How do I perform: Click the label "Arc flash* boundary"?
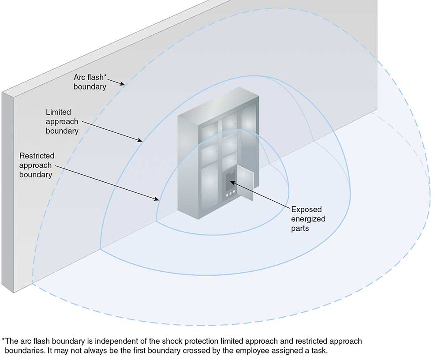pyautogui.click(x=90, y=82)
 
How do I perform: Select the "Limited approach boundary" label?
pyautogui.click(x=62, y=121)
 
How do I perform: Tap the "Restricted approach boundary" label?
pyautogui.click(x=37, y=165)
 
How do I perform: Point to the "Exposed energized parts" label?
pyautogui.click(x=306, y=218)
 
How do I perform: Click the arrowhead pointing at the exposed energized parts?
pyautogui.click(x=232, y=182)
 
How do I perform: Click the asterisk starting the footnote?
pyautogui.click(x=4, y=341)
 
